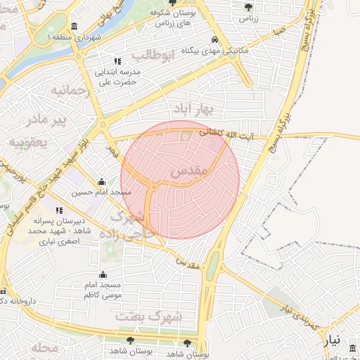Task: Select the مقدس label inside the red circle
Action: tap(188, 171)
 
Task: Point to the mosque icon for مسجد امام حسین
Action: tap(103, 181)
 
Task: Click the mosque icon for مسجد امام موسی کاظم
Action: tap(103, 274)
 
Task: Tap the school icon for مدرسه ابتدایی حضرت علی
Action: tap(117, 61)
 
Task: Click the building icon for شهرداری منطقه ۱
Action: tap(75, 26)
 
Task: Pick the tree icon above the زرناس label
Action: tap(248, 6)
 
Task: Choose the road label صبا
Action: tap(279, 31)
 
